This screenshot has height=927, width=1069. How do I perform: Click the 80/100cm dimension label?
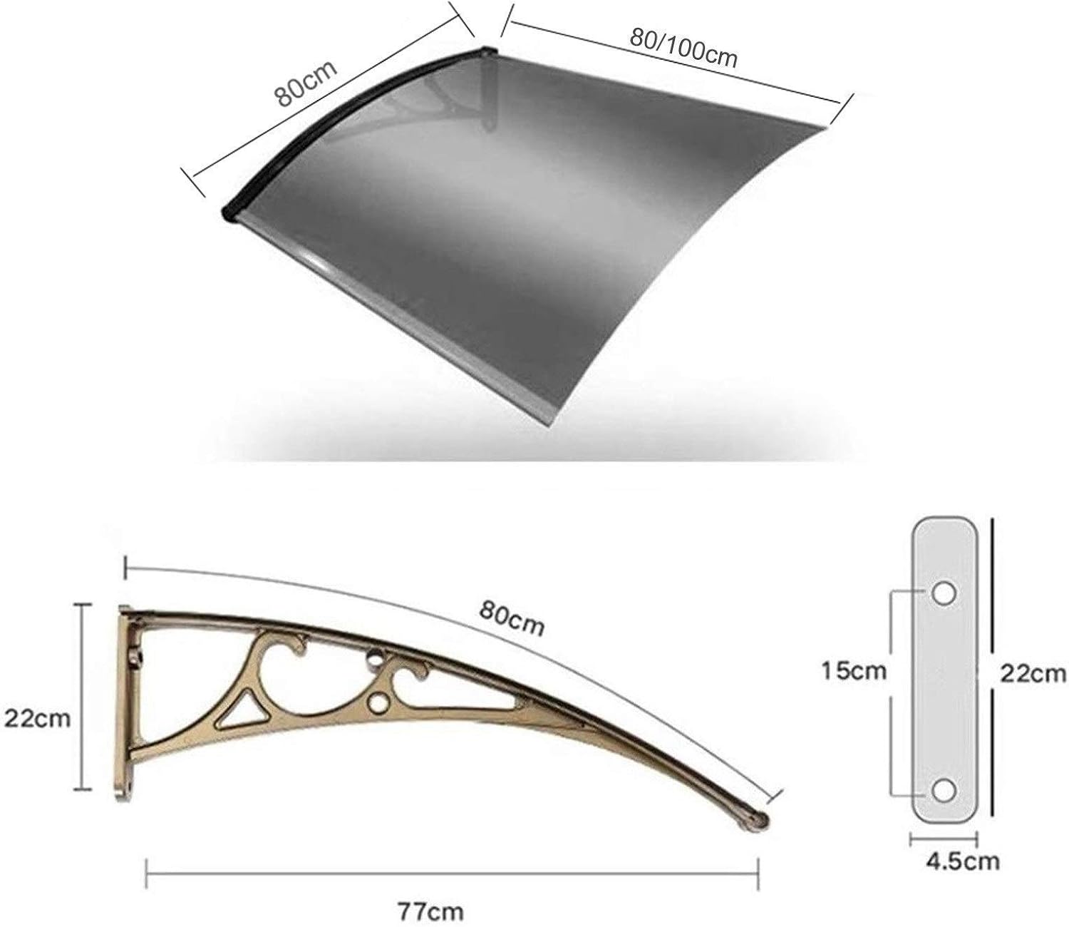click(x=682, y=47)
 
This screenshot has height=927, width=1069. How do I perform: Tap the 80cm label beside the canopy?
click(x=306, y=83)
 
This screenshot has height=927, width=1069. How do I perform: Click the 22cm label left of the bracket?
click(x=37, y=718)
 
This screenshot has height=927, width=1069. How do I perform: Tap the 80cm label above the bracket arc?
click(x=512, y=618)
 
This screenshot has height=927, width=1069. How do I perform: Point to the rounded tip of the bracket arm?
click(x=758, y=821)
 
